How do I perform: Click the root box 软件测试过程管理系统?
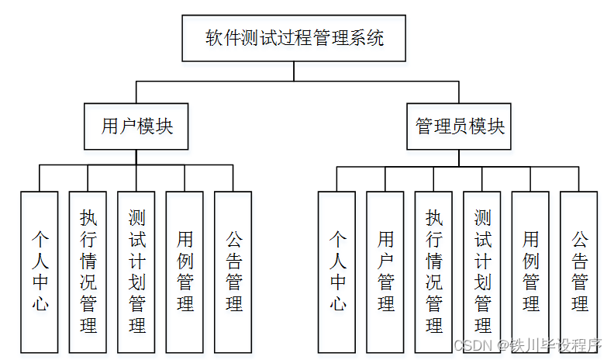pos(294,38)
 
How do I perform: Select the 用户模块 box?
pos(136,126)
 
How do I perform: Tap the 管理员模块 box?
pos(460,126)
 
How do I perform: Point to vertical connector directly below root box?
pos(294,71)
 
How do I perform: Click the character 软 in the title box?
pos(214,38)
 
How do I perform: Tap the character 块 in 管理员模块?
pos(495,126)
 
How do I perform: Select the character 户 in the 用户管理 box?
pos(385,258)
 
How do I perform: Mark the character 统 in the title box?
pos(374,38)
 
